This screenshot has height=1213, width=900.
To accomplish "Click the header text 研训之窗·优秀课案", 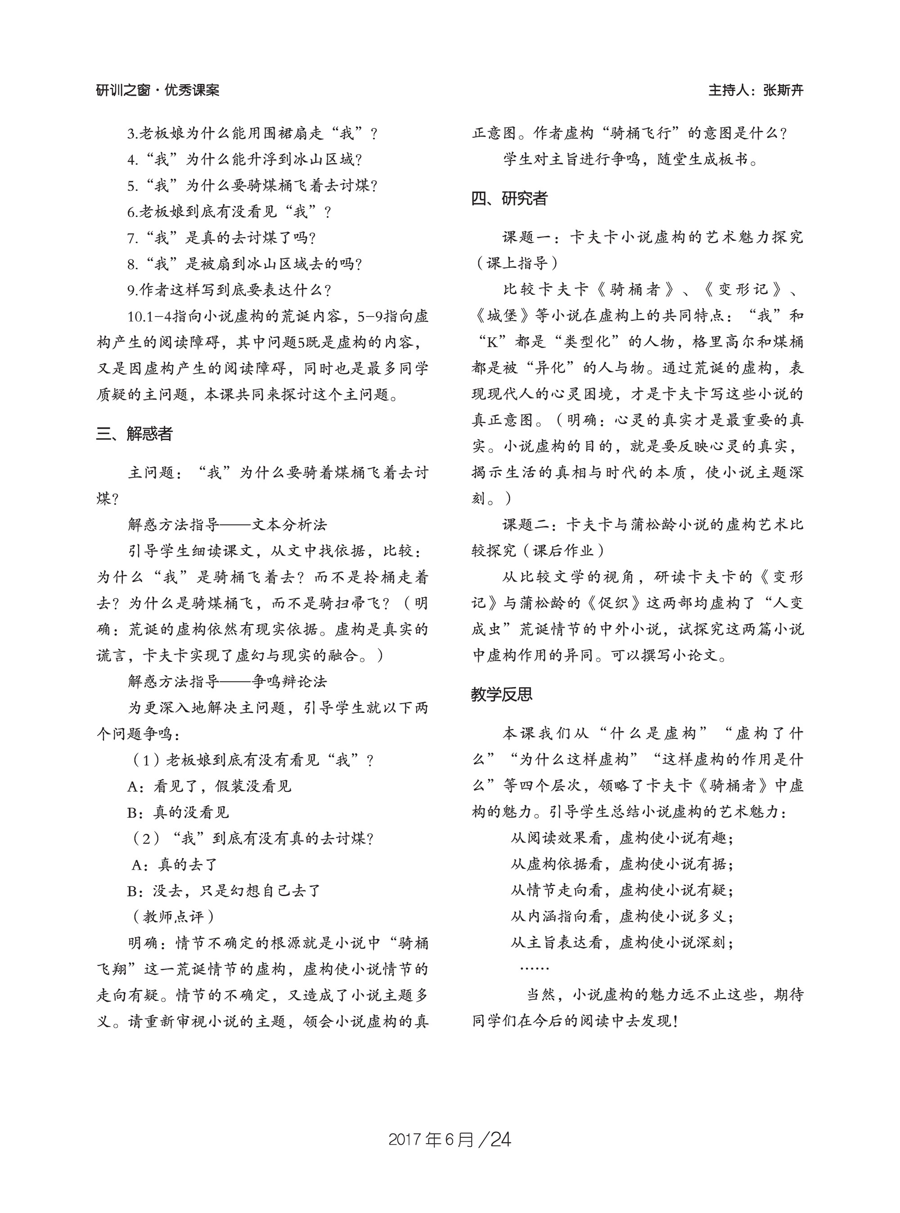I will tap(157, 90).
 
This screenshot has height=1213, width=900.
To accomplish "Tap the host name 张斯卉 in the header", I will tap(783, 90).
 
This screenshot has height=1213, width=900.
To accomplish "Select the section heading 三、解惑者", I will tap(135, 434).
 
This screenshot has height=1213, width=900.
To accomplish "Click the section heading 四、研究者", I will tap(509, 199).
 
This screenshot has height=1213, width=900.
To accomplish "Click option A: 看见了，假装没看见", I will tap(210, 786).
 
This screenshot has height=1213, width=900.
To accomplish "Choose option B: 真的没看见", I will tap(178, 812).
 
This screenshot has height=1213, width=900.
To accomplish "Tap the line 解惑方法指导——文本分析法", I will tap(227, 525).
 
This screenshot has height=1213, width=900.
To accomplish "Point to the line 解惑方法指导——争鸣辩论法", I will tap(227, 681).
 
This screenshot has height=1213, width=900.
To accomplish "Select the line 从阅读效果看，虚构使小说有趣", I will tap(621, 838).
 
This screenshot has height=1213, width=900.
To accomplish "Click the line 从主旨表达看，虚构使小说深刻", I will tap(621, 942).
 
